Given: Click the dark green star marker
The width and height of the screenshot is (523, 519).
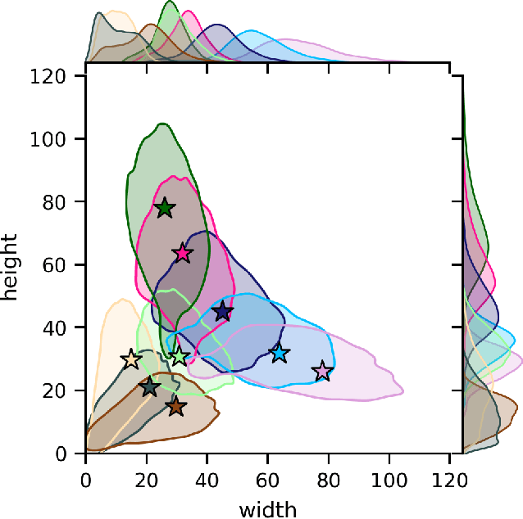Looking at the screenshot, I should coord(165,208).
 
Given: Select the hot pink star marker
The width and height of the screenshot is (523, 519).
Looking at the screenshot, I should coord(182,253).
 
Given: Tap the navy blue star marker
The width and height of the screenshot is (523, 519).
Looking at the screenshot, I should coord(222,311).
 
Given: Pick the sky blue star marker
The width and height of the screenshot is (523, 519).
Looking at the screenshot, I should coord(280,353).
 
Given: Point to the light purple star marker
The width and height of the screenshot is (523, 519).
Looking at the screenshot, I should coord(323,372).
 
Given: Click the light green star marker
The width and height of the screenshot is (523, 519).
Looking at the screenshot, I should coord(180,356).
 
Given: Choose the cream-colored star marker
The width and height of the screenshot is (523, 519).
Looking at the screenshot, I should coord(131,360).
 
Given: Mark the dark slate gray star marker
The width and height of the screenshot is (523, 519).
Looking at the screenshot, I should coord(149,387).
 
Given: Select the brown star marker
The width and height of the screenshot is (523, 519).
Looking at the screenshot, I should coord(175,406).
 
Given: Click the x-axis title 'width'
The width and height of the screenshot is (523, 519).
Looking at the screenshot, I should coord(267,509).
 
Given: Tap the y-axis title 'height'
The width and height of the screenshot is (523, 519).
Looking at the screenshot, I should coord(11,264).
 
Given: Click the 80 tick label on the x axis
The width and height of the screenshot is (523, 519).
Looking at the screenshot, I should coord(329,474).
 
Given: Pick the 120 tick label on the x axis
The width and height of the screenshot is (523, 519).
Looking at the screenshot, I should coord(450,474).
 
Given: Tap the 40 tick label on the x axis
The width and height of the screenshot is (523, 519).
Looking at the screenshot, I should coord(207,474).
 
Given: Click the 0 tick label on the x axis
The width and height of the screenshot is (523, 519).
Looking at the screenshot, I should coord(85,474).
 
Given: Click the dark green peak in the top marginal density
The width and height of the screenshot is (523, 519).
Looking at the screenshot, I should coord(170,3).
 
